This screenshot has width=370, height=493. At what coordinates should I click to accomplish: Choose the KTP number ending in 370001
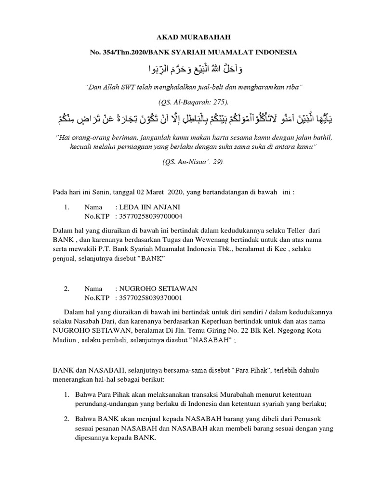[x=151, y=298]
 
